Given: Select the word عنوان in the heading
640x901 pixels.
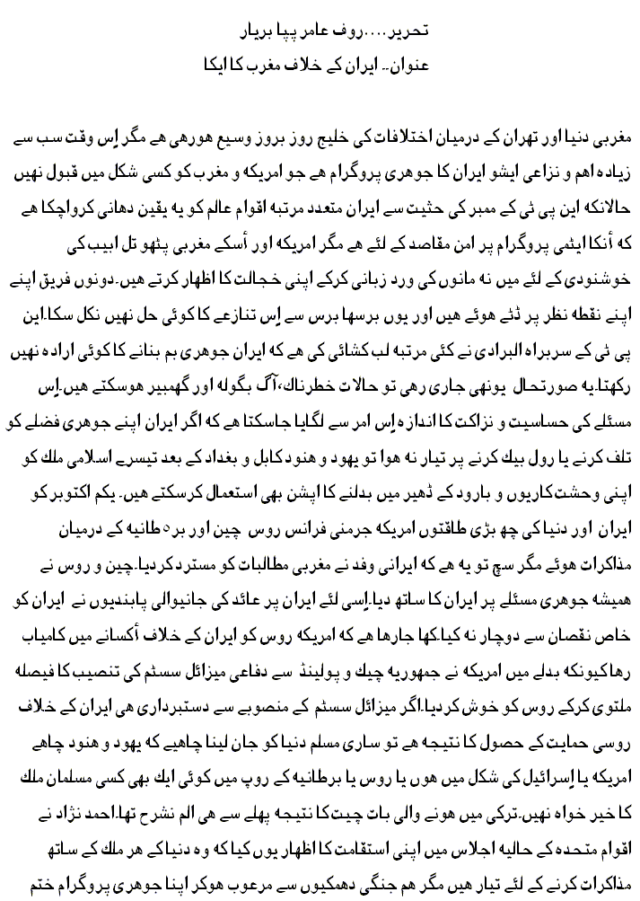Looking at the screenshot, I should pyautogui.click(x=436, y=66).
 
